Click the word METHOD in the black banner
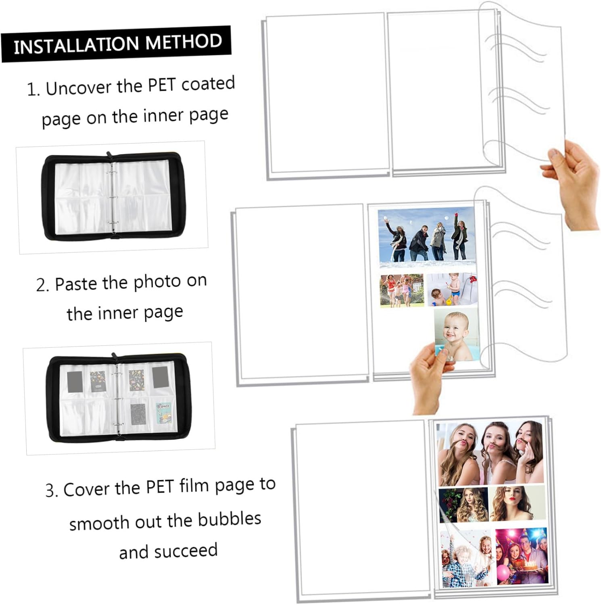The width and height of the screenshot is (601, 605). tap(184, 41)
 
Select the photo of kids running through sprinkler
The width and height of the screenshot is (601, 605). tap(402, 290)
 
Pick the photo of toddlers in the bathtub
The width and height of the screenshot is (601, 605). tap(452, 290)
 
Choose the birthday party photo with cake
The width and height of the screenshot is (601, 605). tap(522, 556)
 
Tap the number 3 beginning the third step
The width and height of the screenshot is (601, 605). tap(50, 490)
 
